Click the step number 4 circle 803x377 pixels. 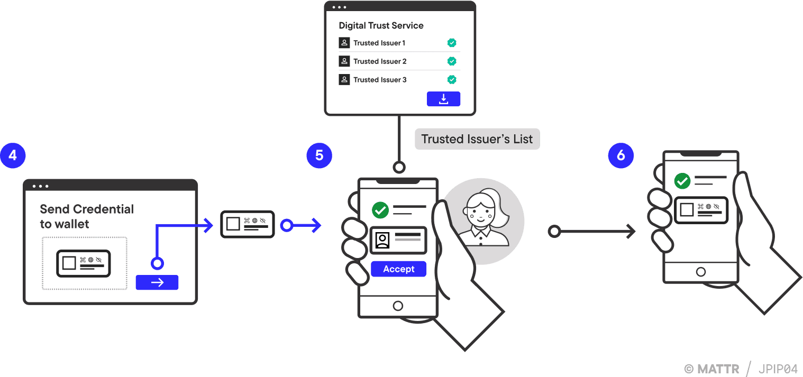[x=13, y=155]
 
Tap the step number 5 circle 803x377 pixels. [x=319, y=155]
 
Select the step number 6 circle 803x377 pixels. [x=620, y=155]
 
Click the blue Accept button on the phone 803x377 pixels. [x=398, y=269]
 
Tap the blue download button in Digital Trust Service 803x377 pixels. [x=443, y=99]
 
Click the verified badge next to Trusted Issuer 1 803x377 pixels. [x=452, y=43]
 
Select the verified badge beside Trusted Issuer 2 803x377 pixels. [x=452, y=61]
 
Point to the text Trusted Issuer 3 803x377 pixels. [x=380, y=80]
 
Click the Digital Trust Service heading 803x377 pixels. [x=381, y=25]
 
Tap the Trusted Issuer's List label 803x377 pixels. [x=477, y=140]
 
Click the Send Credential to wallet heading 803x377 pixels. [x=87, y=216]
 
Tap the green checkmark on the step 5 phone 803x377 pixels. [x=380, y=210]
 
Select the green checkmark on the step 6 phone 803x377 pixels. [x=682, y=181]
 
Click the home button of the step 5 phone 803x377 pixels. [x=398, y=306]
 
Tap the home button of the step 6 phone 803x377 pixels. [x=701, y=272]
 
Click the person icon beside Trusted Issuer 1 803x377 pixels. [x=344, y=43]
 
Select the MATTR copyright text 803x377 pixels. [x=712, y=369]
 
